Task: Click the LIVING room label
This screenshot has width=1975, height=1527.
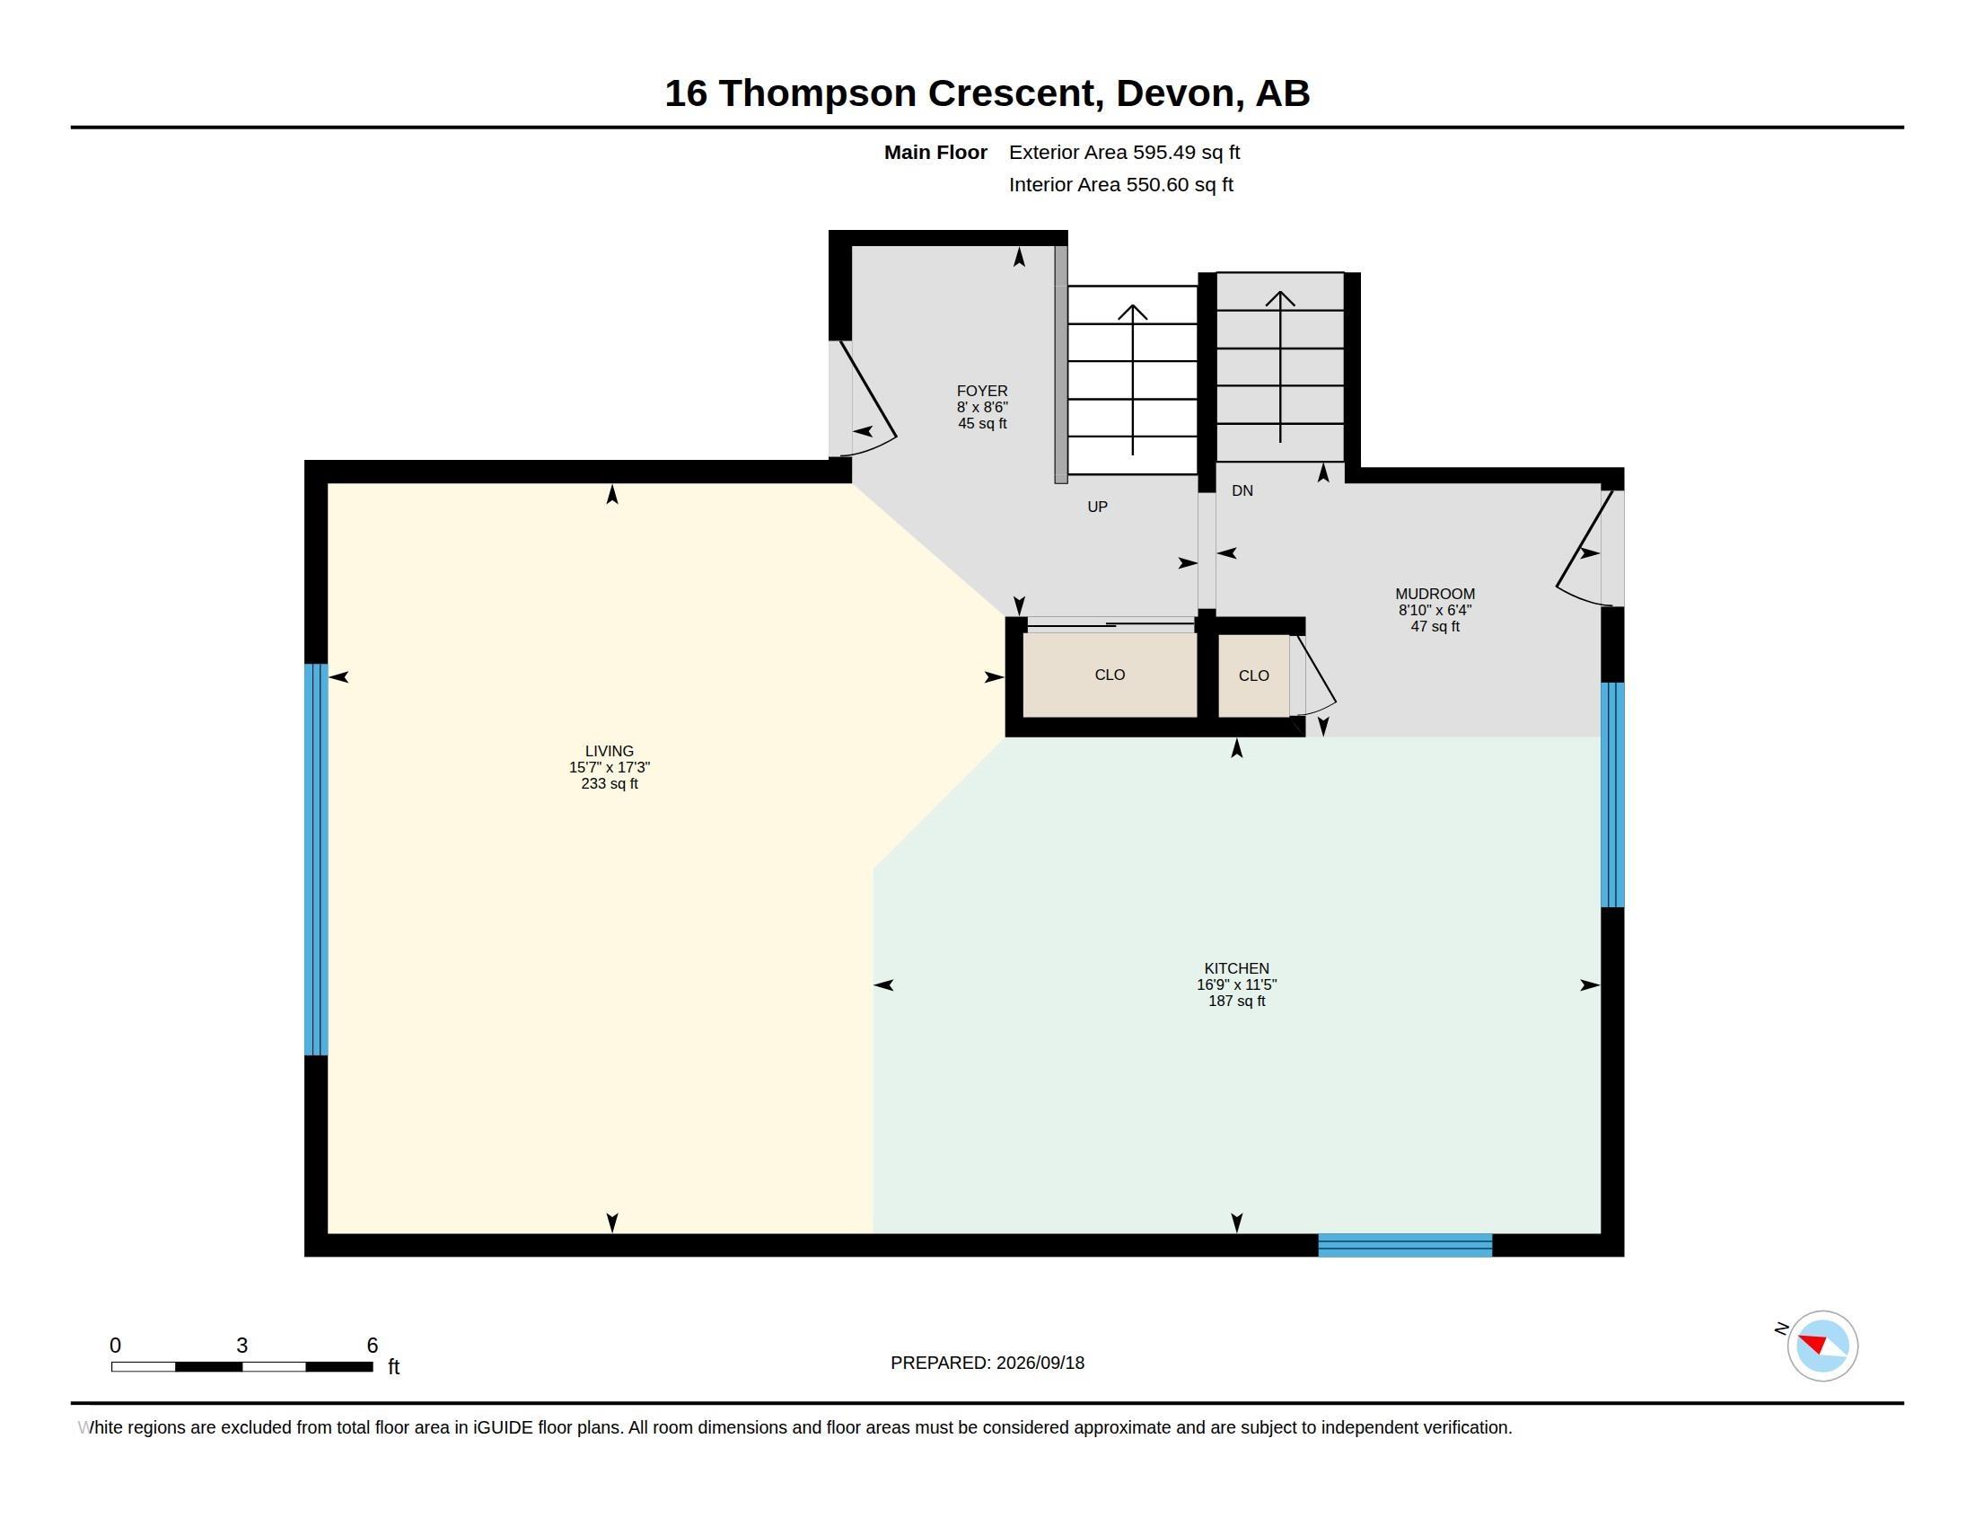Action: pyautogui.click(x=609, y=751)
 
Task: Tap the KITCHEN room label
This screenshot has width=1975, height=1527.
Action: pyautogui.click(x=1236, y=968)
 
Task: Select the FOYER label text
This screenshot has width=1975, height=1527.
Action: pyautogui.click(x=982, y=391)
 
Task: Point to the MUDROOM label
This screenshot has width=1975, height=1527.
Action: pyautogui.click(x=1435, y=594)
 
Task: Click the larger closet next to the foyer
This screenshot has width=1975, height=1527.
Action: pyautogui.click(x=1110, y=675)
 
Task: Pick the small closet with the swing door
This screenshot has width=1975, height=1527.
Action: pyautogui.click(x=1253, y=675)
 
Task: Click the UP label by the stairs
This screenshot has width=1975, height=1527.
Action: pyautogui.click(x=1097, y=507)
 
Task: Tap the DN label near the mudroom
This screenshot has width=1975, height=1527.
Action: pyautogui.click(x=1242, y=490)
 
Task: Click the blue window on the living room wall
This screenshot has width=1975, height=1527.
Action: pyautogui.click(x=316, y=860)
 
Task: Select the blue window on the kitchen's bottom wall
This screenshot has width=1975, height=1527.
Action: pyautogui.click(x=1404, y=1245)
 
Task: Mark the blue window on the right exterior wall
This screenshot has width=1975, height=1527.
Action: pyautogui.click(x=1612, y=794)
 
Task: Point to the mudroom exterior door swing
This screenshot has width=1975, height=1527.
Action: pyautogui.click(x=1584, y=548)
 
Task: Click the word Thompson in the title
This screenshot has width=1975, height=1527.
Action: pyautogui.click(x=818, y=94)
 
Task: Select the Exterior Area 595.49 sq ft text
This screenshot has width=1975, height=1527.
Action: pyautogui.click(x=1124, y=152)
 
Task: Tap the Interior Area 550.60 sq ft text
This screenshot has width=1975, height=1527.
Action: pyautogui.click(x=1120, y=184)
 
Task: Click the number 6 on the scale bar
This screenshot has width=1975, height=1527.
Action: pyautogui.click(x=372, y=1346)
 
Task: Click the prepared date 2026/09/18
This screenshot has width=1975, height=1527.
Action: pyautogui.click(x=1040, y=1363)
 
